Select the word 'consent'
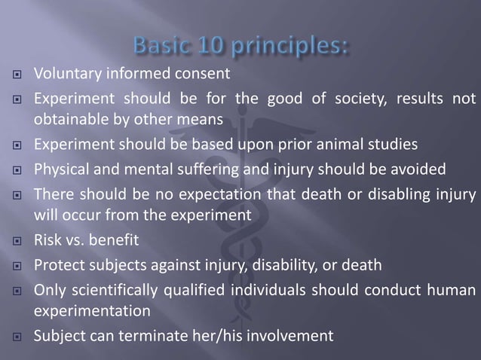203,75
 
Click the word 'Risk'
46,241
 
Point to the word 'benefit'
112,241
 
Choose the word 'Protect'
57,266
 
